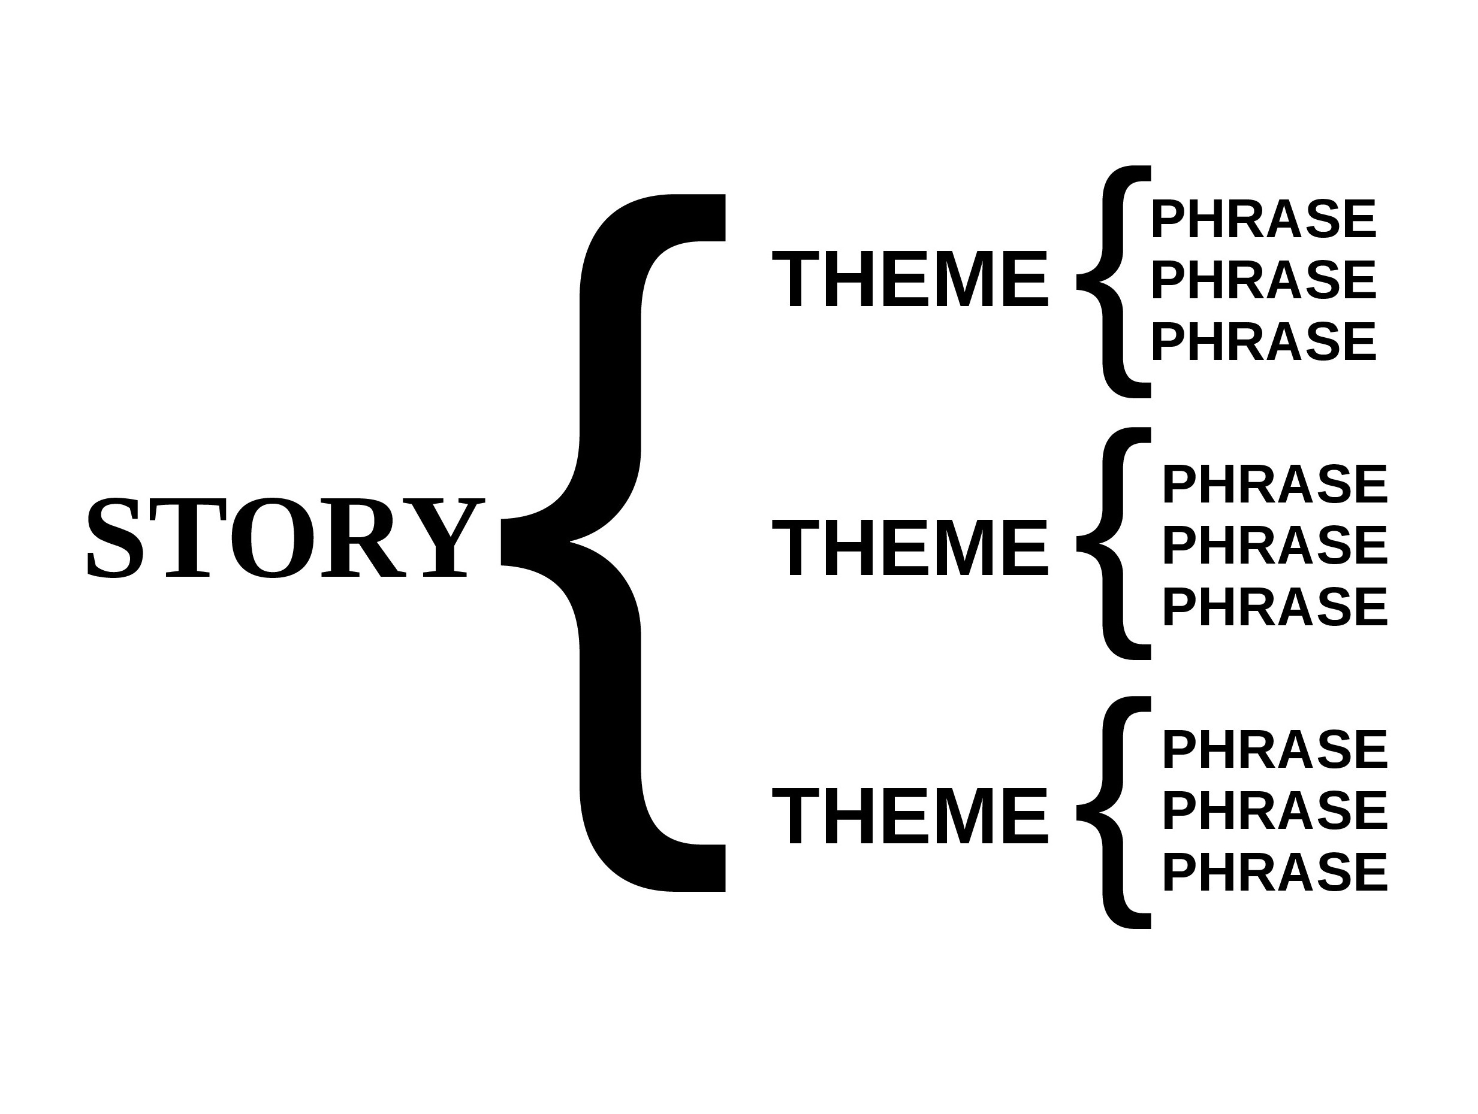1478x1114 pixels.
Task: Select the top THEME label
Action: point(910,279)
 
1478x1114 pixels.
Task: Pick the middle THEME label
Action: point(910,549)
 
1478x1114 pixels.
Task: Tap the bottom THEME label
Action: point(910,816)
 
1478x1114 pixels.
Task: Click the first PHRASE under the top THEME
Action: point(1263,219)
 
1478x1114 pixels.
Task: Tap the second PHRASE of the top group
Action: point(1263,280)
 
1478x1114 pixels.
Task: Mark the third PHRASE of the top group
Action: point(1263,342)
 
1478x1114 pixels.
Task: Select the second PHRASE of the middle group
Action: point(1275,545)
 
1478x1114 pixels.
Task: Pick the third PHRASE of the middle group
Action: point(1275,607)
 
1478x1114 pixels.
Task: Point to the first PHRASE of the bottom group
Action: point(1275,749)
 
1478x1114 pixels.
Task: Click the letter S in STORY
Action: point(115,538)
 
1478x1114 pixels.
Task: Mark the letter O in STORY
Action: point(273,538)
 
